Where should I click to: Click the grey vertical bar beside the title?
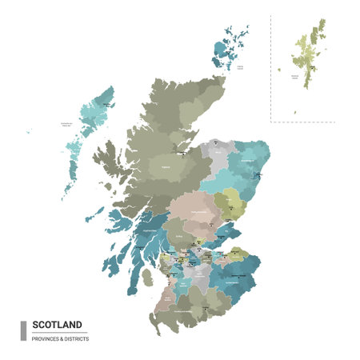pyautogui.click(x=23, y=330)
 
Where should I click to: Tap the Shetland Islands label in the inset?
pyautogui.click(x=296, y=77)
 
